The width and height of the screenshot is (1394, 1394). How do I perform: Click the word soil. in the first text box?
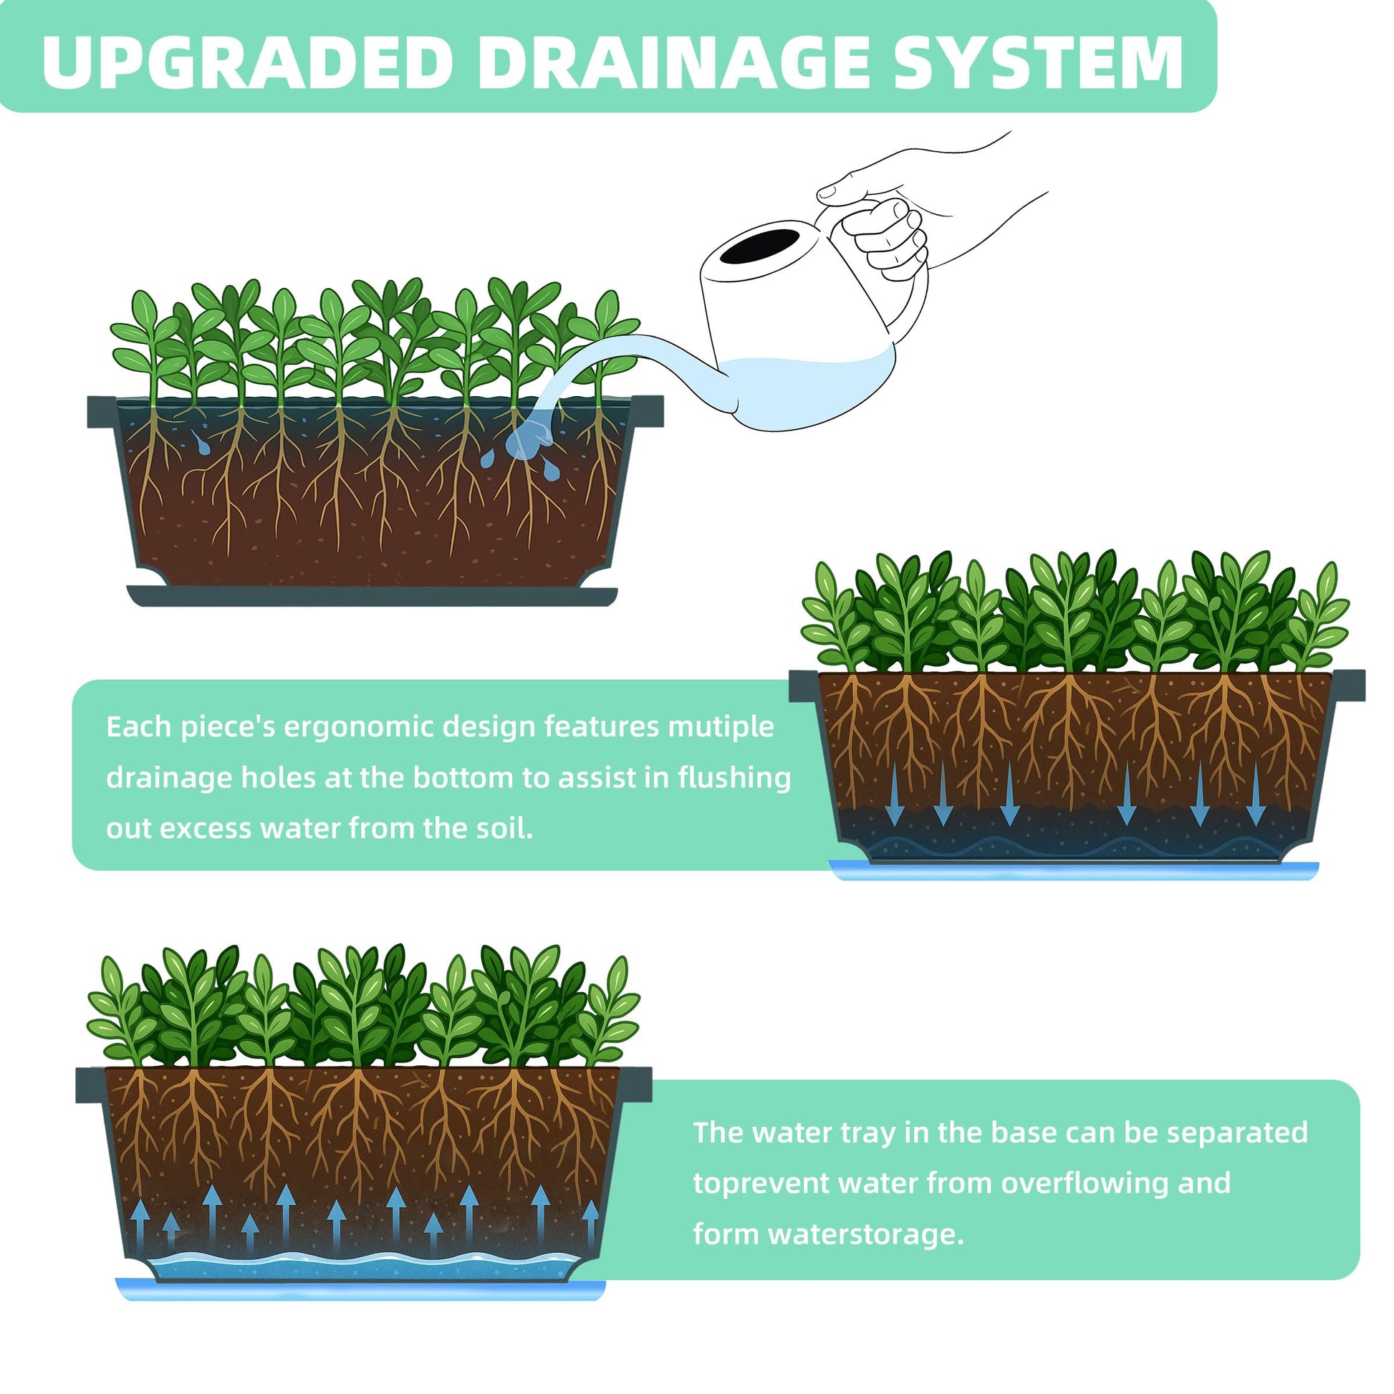505,828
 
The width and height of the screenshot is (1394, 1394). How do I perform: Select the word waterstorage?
866,1234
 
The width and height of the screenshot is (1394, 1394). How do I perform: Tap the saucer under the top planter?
372,596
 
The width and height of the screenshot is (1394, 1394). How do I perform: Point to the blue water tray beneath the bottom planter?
361,1289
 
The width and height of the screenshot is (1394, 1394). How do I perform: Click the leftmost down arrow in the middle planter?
895,794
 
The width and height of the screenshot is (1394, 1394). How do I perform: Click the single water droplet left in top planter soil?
201,443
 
